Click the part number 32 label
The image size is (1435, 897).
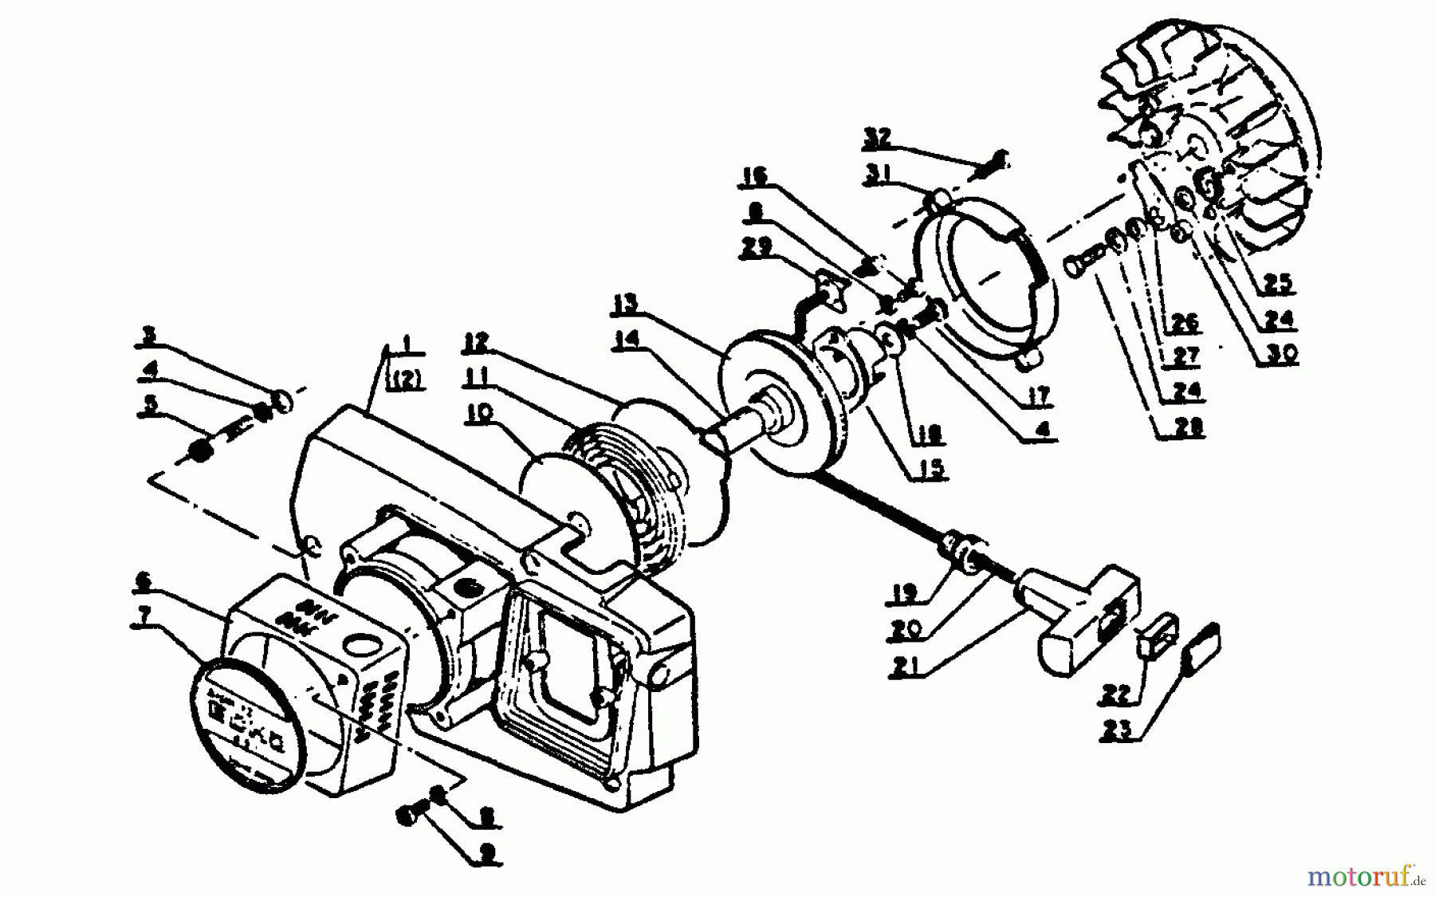coord(878,136)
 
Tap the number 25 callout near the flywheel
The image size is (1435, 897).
coord(1276,284)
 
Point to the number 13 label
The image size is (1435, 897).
coord(627,304)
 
